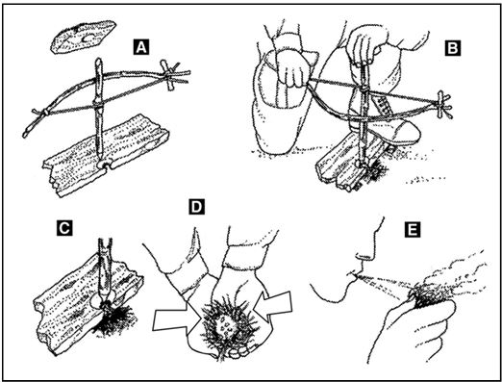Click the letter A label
pos(141,47)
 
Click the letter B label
pos(452,48)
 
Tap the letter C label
pos(64,228)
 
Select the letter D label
pos(196,207)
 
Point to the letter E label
pos(413,230)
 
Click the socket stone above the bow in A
pos(83,37)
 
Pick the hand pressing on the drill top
pos(365,45)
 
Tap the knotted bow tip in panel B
pos(444,104)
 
